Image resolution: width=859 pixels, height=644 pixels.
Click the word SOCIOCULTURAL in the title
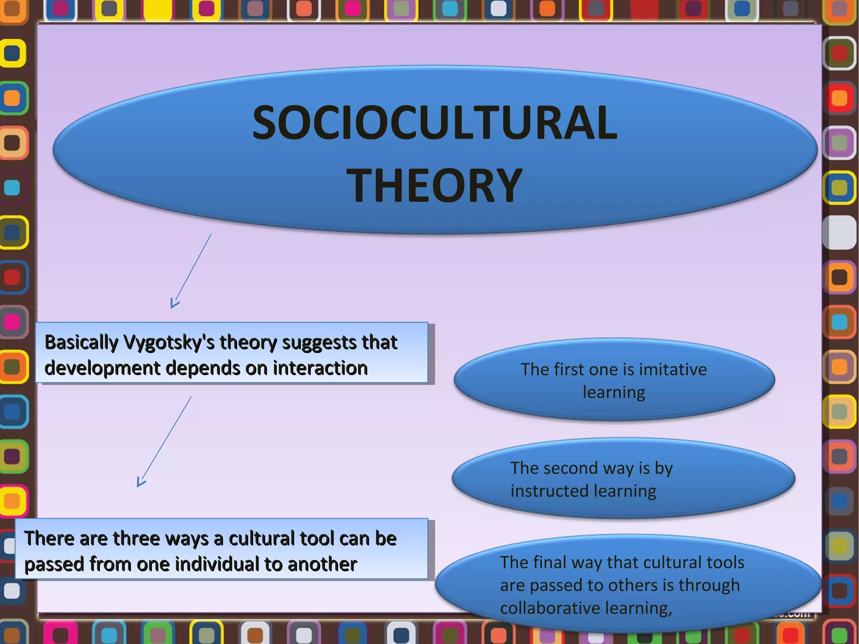[435, 123]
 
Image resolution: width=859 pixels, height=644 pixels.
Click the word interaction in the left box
[320, 368]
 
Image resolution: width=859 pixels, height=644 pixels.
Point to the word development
[101, 368]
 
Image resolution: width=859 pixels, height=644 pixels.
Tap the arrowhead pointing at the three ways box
[141, 483]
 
